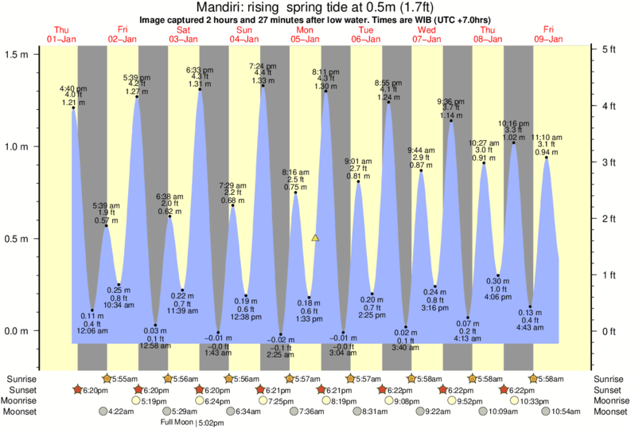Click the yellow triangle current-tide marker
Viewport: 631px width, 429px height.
pos(316,238)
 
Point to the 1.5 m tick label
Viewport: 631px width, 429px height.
pos(17,54)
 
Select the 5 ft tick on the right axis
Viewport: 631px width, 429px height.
pos(610,49)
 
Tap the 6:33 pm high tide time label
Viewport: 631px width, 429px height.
pos(199,69)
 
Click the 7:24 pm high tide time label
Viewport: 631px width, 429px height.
pos(263,65)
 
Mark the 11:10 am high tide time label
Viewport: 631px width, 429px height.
pos(547,137)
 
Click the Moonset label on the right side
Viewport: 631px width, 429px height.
pos(610,411)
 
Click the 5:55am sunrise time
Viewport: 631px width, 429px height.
pos(127,379)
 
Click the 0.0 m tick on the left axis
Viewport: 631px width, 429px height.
pos(17,331)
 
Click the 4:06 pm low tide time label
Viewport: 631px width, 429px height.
pos(498,297)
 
